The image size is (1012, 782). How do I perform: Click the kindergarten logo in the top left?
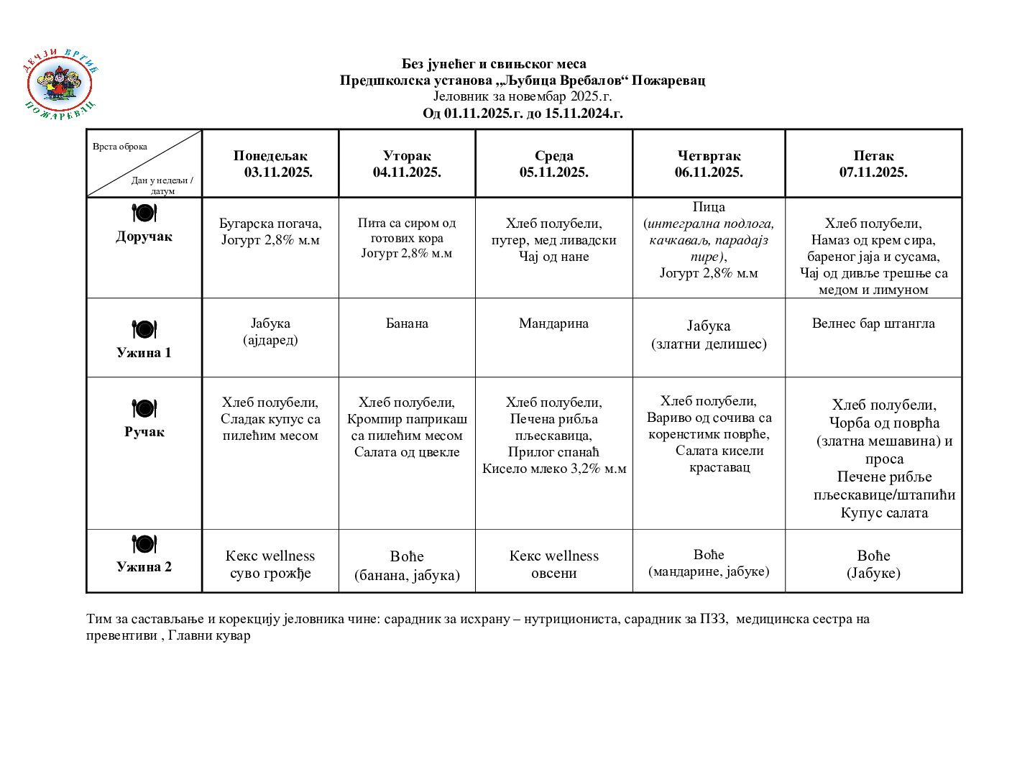[x=60, y=85]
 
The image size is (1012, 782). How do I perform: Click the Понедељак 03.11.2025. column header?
[x=271, y=164]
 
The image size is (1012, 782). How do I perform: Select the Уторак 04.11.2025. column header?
[x=407, y=164]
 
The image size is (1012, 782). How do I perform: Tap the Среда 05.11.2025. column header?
[x=553, y=164]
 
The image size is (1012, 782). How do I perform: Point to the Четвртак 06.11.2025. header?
[x=709, y=164]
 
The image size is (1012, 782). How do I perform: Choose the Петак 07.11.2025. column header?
[x=873, y=164]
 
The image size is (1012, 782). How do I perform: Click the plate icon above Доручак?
[x=144, y=213]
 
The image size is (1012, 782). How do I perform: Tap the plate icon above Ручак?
[x=144, y=408]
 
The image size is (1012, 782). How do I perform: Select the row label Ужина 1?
[x=144, y=352]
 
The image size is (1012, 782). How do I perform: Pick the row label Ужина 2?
[x=144, y=566]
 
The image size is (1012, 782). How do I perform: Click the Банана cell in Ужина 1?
[x=407, y=323]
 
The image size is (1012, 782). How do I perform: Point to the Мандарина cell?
[x=553, y=323]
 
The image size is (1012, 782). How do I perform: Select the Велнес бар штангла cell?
[x=873, y=323]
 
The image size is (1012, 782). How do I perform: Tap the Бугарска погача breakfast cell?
[x=270, y=231]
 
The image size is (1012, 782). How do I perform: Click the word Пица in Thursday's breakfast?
[x=709, y=207]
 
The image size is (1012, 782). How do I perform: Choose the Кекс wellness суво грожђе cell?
[x=270, y=564]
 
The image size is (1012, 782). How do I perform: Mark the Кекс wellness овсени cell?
[x=553, y=564]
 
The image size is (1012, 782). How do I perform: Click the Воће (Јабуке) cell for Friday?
[x=873, y=564]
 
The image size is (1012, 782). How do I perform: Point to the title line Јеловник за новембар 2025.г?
[x=523, y=96]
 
